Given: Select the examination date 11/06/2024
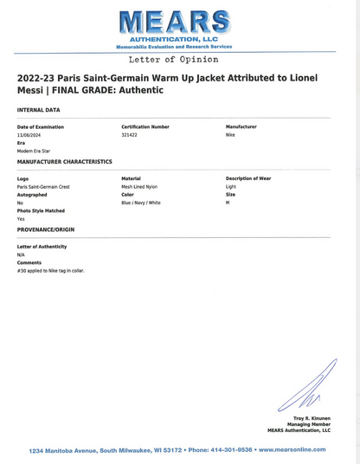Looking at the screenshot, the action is [30, 135].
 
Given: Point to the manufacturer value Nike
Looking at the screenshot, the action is [230, 135].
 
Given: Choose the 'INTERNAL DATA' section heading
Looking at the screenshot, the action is [39, 110].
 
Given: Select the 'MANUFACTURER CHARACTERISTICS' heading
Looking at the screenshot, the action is [64, 162].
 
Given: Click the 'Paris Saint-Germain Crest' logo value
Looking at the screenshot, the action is [43, 186].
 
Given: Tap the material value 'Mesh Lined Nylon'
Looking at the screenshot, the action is [139, 186].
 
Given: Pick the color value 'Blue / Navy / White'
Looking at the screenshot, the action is [141, 203].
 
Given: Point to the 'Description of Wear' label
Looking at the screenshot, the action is [248, 178].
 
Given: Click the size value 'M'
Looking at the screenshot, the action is [228, 203].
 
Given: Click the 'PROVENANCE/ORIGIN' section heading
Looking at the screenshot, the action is [46, 229].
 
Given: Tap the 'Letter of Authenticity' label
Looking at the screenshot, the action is [42, 247].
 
